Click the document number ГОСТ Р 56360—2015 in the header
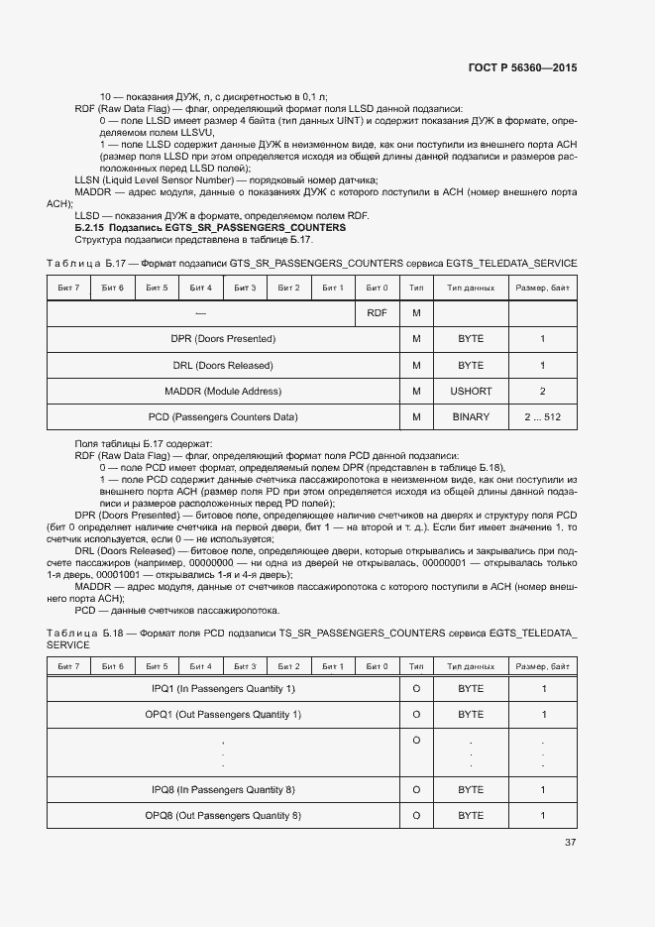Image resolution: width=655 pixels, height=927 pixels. (521, 68)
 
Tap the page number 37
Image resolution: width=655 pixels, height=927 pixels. (570, 843)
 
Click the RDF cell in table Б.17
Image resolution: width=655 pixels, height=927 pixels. (377, 313)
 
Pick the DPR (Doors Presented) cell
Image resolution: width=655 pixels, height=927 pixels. (223, 339)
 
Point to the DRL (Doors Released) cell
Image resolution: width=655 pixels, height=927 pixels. (223, 366)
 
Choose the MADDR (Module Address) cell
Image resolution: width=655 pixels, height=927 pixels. (223, 392)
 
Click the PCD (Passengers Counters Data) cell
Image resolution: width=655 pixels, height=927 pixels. (223, 417)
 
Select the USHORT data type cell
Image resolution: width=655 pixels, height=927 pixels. (471, 392)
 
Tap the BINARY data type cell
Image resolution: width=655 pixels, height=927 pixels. (471, 417)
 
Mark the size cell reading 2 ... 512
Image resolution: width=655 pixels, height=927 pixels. (542, 417)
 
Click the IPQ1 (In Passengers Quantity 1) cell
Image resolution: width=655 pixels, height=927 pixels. (223, 688)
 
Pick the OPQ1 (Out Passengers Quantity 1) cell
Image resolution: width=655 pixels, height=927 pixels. (223, 715)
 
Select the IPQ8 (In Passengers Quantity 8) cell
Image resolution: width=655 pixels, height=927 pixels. (223, 790)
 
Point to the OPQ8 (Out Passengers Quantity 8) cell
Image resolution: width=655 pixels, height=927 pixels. (223, 816)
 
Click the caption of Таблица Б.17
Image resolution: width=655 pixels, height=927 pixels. (311, 263)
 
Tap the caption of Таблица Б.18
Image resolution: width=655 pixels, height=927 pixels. (311, 637)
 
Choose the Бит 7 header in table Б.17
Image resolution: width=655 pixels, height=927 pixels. (69, 288)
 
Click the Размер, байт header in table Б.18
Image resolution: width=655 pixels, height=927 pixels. (542, 666)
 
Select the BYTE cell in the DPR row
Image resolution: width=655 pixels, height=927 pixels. (471, 339)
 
